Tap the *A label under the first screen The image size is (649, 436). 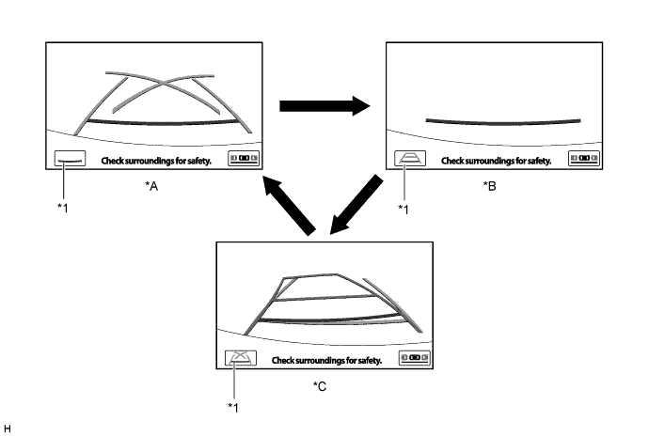pos(151,187)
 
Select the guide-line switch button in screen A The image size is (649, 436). pos(71,160)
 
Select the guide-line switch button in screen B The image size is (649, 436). pos(410,160)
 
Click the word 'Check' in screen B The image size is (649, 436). pos(453,161)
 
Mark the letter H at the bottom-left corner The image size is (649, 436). pos(8,428)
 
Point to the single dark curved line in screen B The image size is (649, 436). pos(502,120)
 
